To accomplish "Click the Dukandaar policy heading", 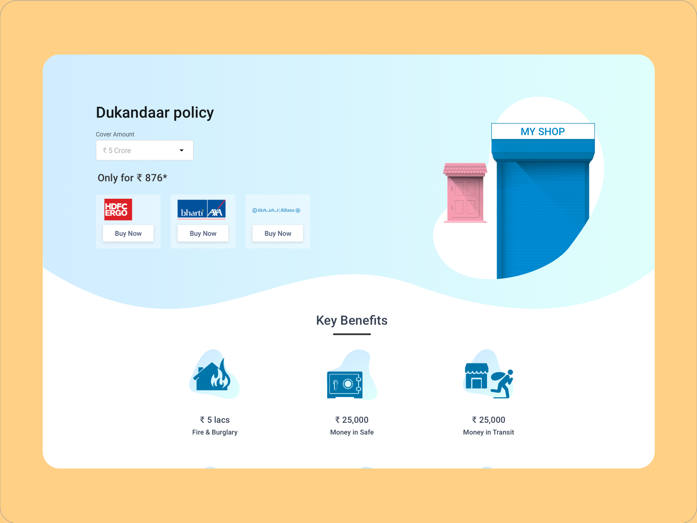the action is (x=155, y=113).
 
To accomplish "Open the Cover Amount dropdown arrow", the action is (x=182, y=150).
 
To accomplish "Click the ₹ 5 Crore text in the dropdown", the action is (x=117, y=150).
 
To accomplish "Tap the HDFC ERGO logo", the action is (x=118, y=210).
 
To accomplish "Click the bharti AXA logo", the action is (x=202, y=210).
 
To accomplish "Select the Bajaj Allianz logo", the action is (x=276, y=210).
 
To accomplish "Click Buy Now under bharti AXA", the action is (x=203, y=234).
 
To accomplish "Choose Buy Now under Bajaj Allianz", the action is (x=278, y=234).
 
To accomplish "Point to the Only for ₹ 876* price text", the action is (x=132, y=178).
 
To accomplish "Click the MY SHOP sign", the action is (x=543, y=132).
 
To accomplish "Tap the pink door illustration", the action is (x=465, y=193).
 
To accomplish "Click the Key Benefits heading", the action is (x=352, y=320).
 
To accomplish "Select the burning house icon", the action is (x=212, y=375).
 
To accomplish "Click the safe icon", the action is (x=345, y=384).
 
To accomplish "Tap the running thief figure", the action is (x=502, y=384).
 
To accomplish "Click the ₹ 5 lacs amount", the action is (x=215, y=420).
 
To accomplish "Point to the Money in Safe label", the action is (x=352, y=432).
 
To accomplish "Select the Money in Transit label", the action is (x=488, y=432).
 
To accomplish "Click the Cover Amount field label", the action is (x=115, y=134).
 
